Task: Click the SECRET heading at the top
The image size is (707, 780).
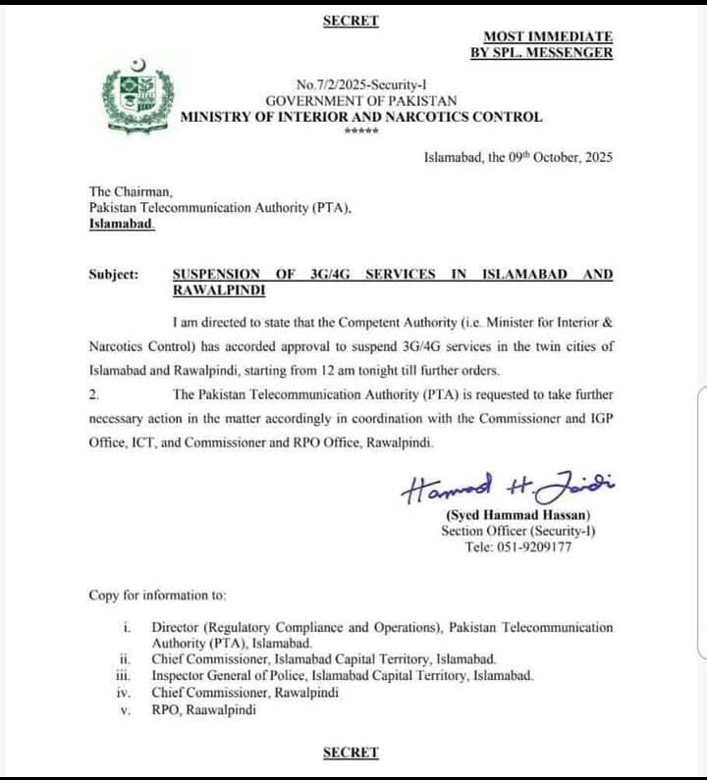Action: pos(351,20)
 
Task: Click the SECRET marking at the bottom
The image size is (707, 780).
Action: pos(351,753)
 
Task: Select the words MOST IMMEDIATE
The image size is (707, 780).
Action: pos(548,35)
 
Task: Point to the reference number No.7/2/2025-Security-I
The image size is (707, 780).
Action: pos(361,85)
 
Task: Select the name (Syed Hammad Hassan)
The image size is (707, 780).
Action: pos(518,515)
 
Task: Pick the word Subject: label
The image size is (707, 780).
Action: pos(114,275)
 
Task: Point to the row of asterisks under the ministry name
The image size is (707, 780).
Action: pos(360,131)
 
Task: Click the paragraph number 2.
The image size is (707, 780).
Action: pos(93,394)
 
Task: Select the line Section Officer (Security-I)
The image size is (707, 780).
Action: pos(518,531)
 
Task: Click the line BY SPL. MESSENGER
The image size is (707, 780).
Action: pos(541,52)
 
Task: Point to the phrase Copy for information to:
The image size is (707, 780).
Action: pos(157,596)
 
